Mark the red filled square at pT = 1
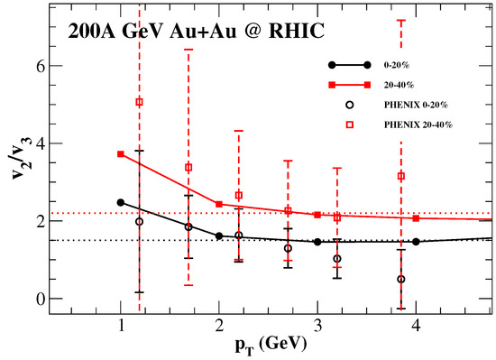(121, 154)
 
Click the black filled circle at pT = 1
(121, 202)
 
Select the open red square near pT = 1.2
(139, 102)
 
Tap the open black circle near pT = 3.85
(400, 279)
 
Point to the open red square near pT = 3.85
(400, 176)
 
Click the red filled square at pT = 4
(416, 218)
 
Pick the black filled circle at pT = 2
(219, 236)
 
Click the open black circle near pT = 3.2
(336, 259)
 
